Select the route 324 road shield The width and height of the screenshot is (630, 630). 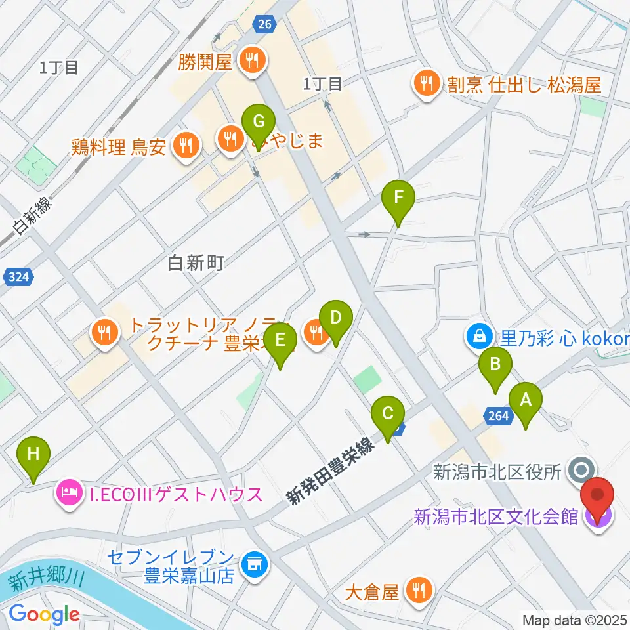click(20, 278)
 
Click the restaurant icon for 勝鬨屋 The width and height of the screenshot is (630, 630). click(251, 62)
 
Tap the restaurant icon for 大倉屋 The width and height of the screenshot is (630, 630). click(417, 592)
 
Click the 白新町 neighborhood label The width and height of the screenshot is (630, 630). click(196, 263)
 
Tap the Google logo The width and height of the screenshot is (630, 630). click(44, 614)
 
